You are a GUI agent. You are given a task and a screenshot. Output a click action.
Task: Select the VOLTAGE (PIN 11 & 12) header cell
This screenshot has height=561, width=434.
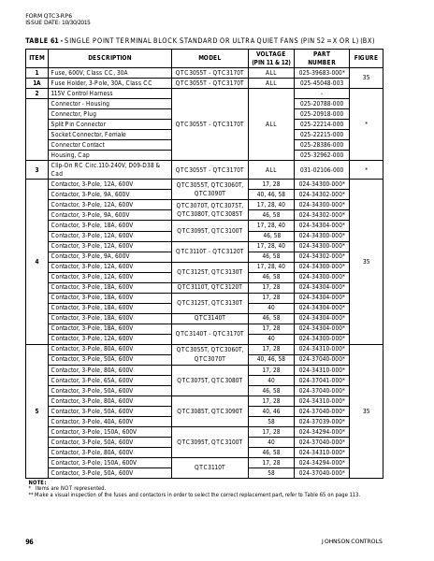tap(271, 58)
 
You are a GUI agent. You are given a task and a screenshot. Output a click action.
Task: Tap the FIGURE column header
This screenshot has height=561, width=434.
tap(366, 58)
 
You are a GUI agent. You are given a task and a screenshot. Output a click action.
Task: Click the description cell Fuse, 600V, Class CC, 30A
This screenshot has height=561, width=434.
tap(90, 72)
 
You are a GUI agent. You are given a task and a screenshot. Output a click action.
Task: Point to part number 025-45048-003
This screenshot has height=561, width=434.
tap(322, 82)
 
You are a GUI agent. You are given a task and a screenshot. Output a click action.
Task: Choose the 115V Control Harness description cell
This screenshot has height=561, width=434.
tap(80, 93)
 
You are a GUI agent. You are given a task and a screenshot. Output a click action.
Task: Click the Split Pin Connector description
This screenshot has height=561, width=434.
tap(79, 123)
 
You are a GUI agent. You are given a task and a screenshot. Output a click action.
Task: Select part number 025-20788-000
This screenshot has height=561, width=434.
tap(322, 103)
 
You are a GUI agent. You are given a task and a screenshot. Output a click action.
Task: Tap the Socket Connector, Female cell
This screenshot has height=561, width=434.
tap(88, 134)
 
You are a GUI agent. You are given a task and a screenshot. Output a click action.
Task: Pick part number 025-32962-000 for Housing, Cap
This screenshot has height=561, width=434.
tap(322, 154)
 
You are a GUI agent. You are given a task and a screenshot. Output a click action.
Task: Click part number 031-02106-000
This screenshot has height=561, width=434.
tap(322, 169)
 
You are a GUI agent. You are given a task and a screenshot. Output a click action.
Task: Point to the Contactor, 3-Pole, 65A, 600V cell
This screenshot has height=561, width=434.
tap(92, 381)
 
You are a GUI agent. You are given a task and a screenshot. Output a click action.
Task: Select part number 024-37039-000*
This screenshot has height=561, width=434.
tap(322, 422)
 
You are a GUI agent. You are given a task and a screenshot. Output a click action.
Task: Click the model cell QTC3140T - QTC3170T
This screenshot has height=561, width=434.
tap(210, 333)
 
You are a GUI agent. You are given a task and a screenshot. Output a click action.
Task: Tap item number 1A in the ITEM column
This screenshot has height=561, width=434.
tap(36, 82)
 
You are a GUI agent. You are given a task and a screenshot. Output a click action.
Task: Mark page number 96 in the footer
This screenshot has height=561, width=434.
tap(29, 540)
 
